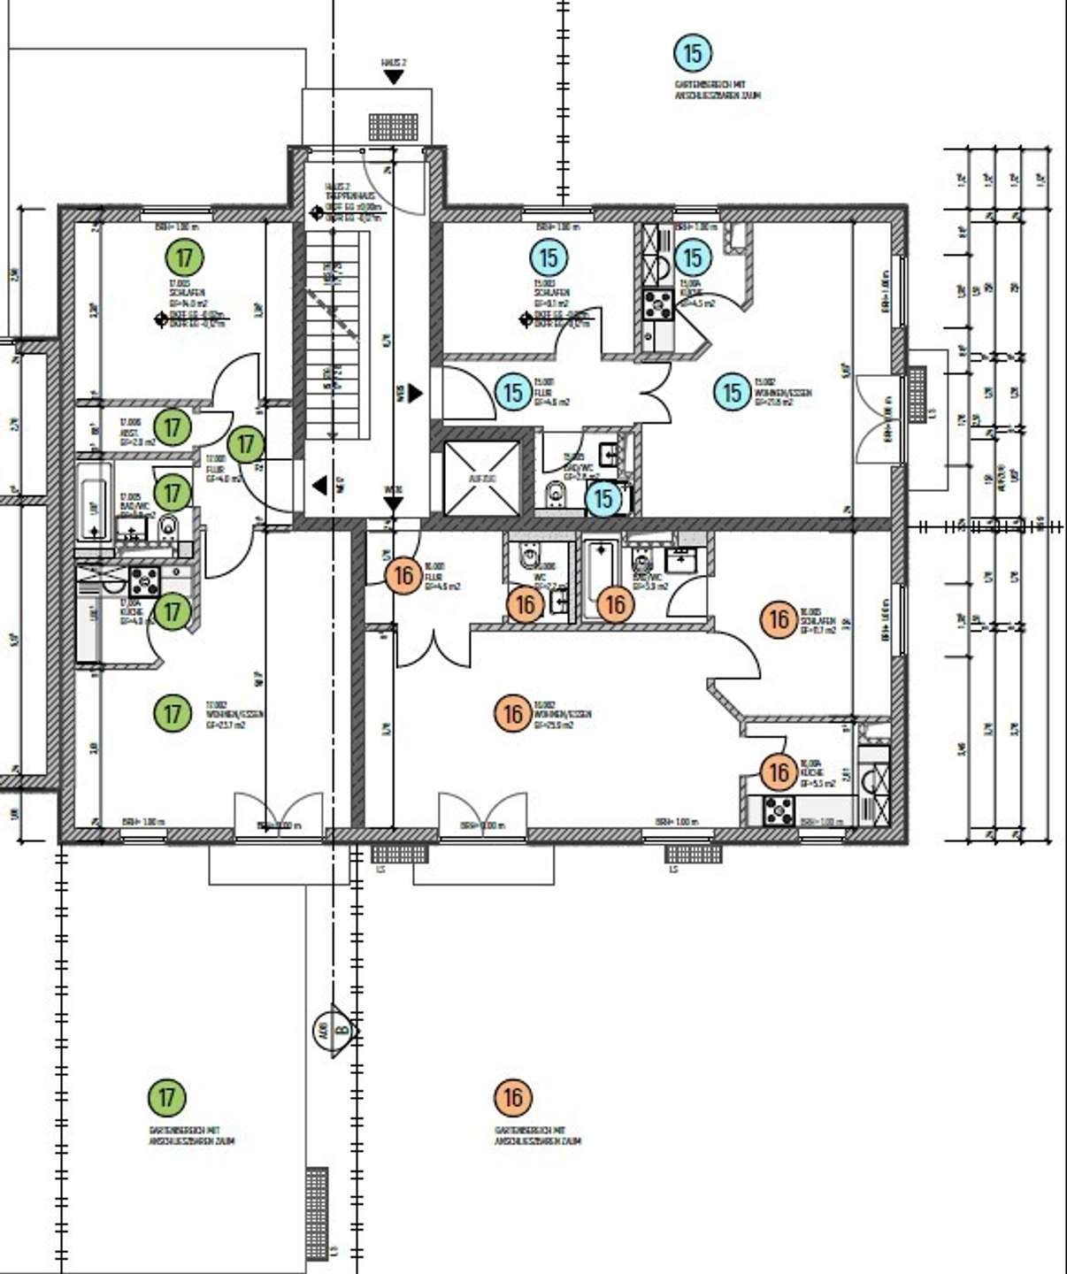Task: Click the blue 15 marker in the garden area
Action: tap(693, 54)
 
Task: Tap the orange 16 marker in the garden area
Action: tap(513, 1098)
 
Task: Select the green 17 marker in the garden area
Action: tap(167, 1098)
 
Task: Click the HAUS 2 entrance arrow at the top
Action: tap(394, 77)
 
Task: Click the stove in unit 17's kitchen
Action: tap(144, 581)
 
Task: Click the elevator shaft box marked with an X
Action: tap(482, 478)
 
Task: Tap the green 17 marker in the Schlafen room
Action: tap(184, 257)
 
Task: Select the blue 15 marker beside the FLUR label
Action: tap(513, 392)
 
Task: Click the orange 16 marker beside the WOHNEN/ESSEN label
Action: tap(513, 713)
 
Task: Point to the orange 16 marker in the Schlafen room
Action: tap(779, 619)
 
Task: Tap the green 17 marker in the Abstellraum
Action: tap(173, 427)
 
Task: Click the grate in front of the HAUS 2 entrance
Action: tap(393, 127)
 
